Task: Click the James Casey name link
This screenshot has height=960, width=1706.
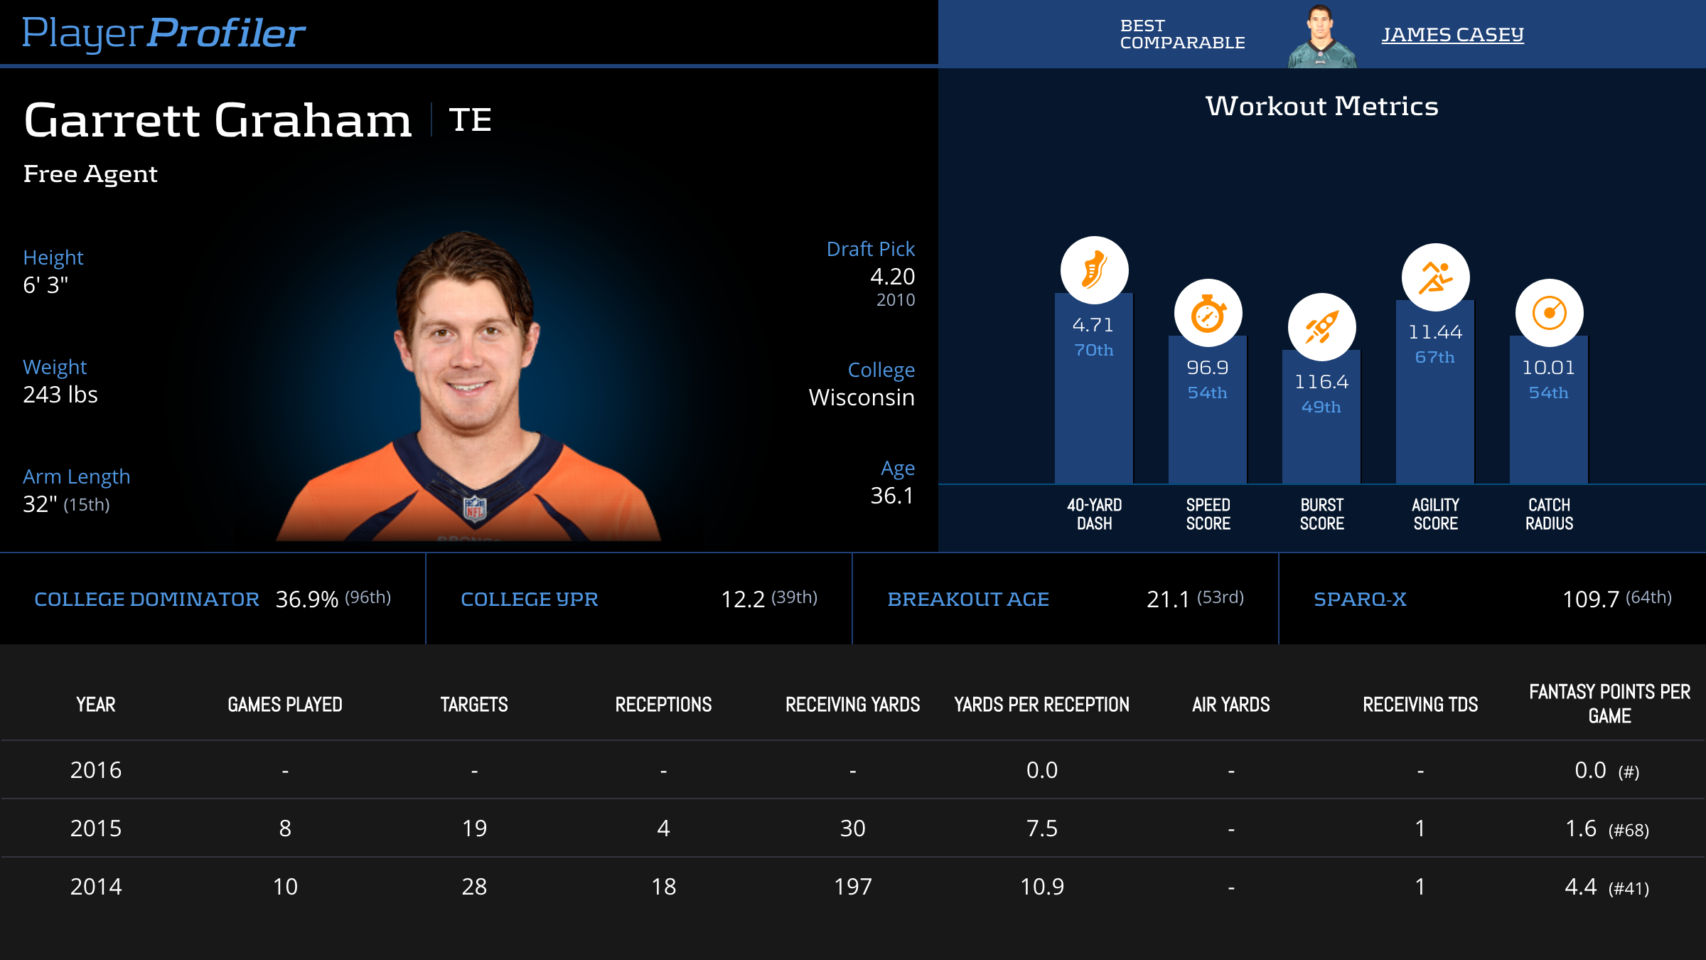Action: pos(1452,34)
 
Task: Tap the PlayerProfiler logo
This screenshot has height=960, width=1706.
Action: pos(163,33)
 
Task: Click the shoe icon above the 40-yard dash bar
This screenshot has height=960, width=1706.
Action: pos(1094,270)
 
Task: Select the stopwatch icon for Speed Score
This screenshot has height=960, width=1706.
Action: pos(1208,314)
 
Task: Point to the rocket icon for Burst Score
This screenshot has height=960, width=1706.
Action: pos(1321,328)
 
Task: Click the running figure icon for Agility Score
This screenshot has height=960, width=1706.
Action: pos(1435,277)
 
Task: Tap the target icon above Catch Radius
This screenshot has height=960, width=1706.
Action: pos(1549,313)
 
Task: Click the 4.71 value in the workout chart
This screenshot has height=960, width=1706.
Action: pos(1093,325)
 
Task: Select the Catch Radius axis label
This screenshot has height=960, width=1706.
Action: pos(1549,514)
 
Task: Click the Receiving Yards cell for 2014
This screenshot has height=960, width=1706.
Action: pos(852,887)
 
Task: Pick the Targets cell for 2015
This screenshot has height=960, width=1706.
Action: pos(474,828)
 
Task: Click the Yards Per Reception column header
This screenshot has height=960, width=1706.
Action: pos(1041,705)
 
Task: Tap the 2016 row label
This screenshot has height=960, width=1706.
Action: pos(96,770)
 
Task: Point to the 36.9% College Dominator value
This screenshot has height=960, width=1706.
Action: pos(306,599)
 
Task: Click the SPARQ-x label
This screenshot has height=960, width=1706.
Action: pos(1360,599)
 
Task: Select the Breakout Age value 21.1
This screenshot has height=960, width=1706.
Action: pos(1168,599)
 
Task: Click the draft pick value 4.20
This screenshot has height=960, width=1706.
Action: pos(892,277)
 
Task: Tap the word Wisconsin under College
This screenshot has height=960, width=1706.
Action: pos(862,398)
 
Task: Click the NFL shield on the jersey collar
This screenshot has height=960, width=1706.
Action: pos(475,509)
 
